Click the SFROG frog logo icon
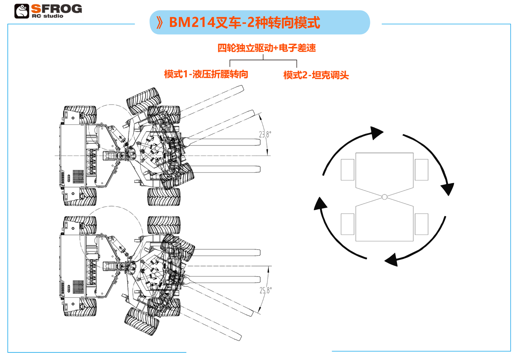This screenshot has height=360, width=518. [x=22, y=11]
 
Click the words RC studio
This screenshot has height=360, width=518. [x=47, y=16]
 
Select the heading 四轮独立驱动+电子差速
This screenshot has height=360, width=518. [x=266, y=48]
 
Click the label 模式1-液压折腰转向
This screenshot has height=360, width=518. [x=206, y=74]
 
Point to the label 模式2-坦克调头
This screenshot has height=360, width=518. [x=316, y=75]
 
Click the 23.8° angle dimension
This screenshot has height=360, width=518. [x=265, y=134]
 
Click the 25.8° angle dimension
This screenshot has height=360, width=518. [x=266, y=290]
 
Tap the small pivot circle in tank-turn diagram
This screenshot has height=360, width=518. [x=384, y=197]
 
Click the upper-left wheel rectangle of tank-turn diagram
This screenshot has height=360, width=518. [x=348, y=169]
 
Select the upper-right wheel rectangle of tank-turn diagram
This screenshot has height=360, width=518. [x=422, y=169]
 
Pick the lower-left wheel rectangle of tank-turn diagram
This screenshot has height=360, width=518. [x=348, y=224]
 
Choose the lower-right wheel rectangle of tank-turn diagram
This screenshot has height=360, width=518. [x=422, y=224]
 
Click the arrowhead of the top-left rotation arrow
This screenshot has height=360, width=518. [x=376, y=133]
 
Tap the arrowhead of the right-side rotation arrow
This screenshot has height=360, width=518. [x=448, y=189]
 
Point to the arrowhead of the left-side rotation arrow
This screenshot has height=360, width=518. [x=320, y=203]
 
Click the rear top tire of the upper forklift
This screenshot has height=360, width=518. [x=80, y=115]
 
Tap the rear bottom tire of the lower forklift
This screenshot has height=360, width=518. [x=80, y=307]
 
